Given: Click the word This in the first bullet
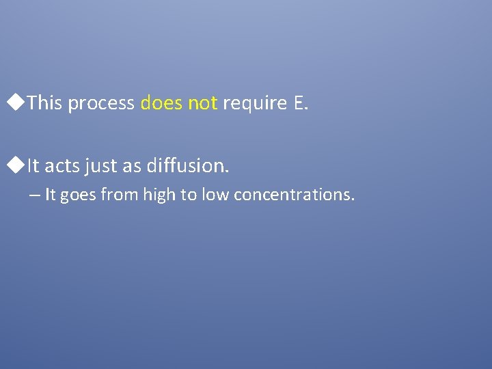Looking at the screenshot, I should (46, 103).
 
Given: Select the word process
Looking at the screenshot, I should (101, 103).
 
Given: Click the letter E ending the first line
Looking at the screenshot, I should (301, 103).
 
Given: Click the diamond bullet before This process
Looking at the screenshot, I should (20, 103).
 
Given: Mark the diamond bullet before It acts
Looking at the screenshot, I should (20, 165).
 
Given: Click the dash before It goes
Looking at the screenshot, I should (35, 195).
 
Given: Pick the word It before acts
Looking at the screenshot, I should (34, 165).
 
